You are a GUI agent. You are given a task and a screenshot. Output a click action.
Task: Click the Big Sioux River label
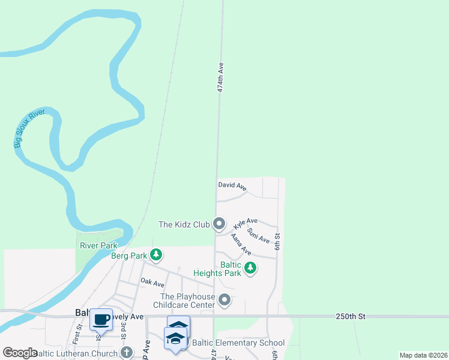coord(26,128)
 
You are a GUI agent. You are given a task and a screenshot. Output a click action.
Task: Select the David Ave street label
coord(232,187)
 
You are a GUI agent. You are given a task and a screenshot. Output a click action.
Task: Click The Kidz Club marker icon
coord(219,224)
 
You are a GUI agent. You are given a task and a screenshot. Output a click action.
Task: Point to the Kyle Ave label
coord(246,224)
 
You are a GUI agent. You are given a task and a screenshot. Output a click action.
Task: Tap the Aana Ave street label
coord(241,245)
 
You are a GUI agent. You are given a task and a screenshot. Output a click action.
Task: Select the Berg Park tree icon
coord(156,255)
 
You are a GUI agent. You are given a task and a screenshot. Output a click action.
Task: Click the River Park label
coord(98,245)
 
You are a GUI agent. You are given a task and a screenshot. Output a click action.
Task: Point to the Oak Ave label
coord(152,282)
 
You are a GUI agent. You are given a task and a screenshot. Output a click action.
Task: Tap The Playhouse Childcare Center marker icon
coord(225,299)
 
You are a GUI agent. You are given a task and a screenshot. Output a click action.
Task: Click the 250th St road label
coord(351,316)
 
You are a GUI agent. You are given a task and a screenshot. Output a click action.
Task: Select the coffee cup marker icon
coord(101,319)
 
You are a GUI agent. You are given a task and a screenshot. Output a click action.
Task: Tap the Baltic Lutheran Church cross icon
coord(126,352)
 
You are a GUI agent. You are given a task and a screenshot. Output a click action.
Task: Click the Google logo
coord(20,353)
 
